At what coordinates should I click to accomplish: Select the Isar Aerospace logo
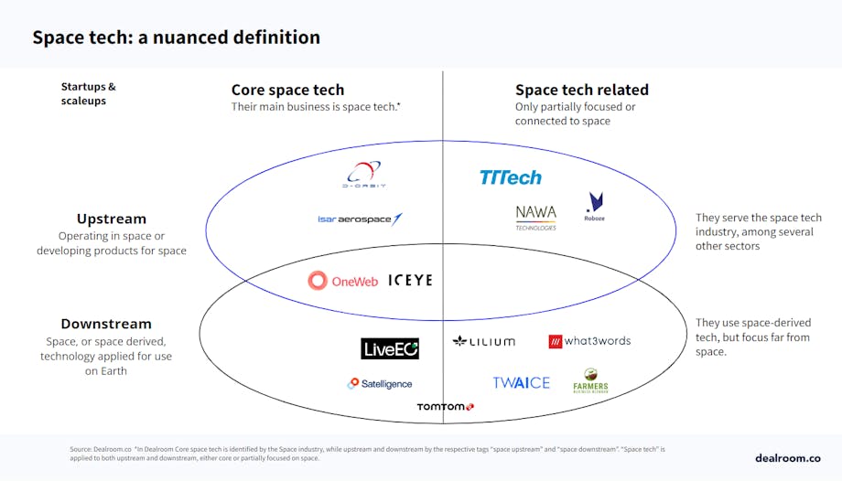coord(360,219)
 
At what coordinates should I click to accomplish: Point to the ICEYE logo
coord(410,281)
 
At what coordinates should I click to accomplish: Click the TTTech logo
coord(510,177)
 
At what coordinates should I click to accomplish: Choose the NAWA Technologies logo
coord(535,217)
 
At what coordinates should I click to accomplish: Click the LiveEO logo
coord(390,348)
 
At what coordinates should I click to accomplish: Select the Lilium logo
coord(483,341)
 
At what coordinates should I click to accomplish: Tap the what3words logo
coord(589,341)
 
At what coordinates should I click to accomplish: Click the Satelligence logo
coord(380,384)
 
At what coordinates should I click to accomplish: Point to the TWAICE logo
coord(521,383)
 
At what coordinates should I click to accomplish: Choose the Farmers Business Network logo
coord(590,381)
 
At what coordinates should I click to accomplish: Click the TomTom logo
coord(445,407)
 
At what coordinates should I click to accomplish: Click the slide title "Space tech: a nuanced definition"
coord(176,37)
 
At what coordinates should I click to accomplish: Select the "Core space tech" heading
coord(287,90)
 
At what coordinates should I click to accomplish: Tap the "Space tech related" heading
coord(581,90)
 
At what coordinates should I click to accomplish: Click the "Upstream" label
coord(111,219)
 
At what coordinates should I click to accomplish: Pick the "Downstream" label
coord(106,324)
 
